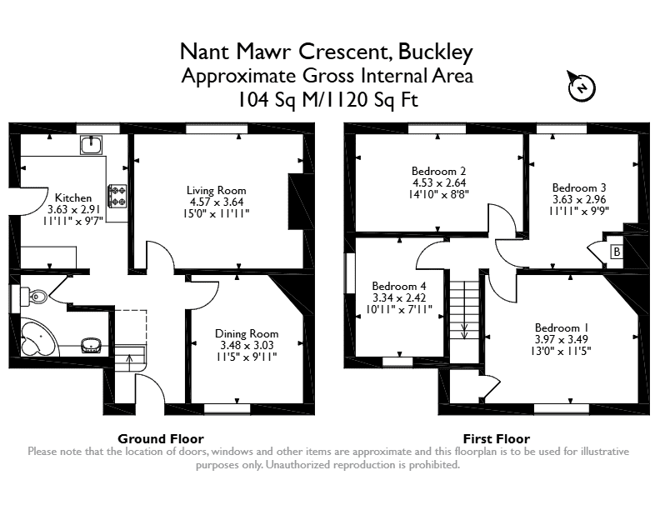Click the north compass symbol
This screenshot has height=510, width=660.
(582, 87)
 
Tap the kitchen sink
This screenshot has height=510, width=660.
(91, 145)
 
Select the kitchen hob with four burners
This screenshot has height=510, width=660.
(117, 196)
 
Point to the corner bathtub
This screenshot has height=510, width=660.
(38, 337)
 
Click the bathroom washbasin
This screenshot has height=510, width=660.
(91, 345)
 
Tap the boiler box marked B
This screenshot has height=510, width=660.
(617, 252)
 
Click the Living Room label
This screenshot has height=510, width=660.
(217, 191)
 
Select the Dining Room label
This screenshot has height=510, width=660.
(247, 333)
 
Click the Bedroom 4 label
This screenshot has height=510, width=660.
(399, 286)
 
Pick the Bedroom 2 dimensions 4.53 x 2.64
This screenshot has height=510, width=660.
(439, 182)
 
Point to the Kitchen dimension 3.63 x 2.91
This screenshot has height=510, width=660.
(73, 209)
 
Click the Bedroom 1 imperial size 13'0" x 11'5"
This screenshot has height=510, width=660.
(561, 351)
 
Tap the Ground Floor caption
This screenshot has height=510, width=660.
(161, 439)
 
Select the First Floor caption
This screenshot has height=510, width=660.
(497, 439)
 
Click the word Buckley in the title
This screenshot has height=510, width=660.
(436, 52)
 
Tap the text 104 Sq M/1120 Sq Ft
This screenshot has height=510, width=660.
(328, 100)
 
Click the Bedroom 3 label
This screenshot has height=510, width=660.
(579, 187)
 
